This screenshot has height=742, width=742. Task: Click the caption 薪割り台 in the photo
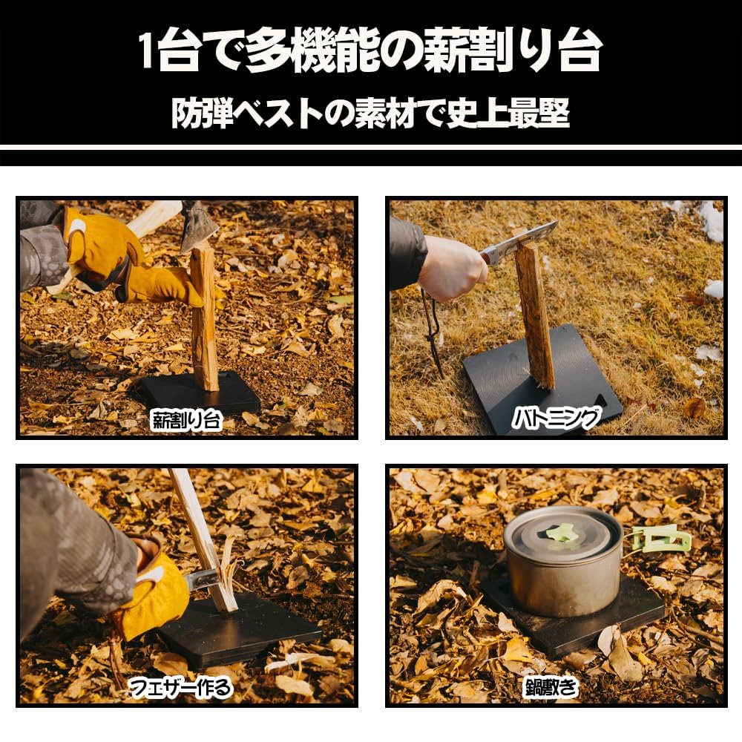[x=186, y=420]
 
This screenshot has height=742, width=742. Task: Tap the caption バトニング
[x=556, y=419]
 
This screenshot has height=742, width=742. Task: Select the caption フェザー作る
[x=180, y=688]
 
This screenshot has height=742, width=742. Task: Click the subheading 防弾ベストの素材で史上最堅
[x=370, y=113]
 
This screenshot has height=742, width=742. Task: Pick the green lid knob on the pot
[x=562, y=532]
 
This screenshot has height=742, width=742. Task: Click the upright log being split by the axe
[x=204, y=319]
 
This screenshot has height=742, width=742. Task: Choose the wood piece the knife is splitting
[x=534, y=312]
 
